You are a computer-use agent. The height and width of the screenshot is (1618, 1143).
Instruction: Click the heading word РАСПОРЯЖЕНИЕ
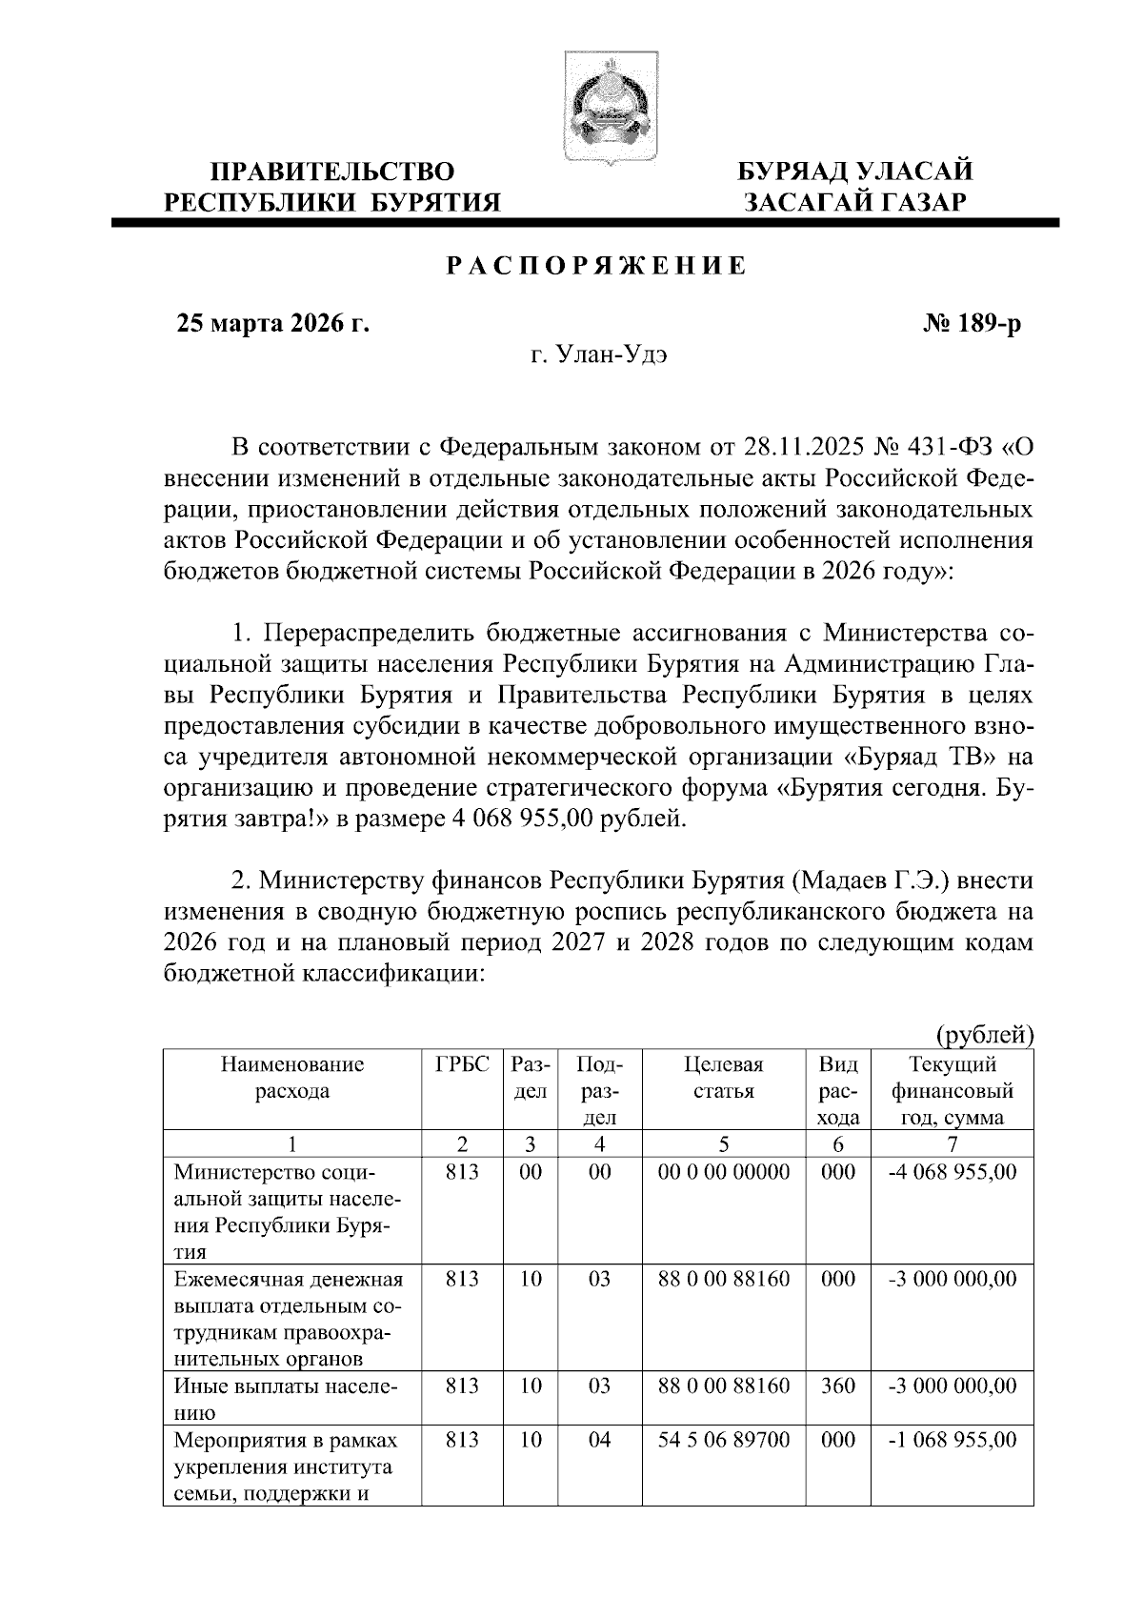[x=597, y=266]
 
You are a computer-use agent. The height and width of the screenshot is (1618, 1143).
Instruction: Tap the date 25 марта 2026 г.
[x=273, y=324]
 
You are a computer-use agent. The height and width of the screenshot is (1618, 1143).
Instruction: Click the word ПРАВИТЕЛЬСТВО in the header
[x=332, y=172]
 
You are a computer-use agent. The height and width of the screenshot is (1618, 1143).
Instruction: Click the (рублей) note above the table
[x=985, y=1034]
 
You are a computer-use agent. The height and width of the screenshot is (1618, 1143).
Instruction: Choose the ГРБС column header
[x=462, y=1064]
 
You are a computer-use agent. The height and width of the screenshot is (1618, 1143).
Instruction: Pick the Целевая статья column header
[x=724, y=1078]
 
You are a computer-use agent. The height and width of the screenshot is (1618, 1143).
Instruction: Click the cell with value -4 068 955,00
[x=952, y=1172]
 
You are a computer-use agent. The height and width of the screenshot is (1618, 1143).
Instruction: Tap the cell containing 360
[x=838, y=1385]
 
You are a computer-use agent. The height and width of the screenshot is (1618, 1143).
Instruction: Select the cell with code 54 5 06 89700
[x=724, y=1440]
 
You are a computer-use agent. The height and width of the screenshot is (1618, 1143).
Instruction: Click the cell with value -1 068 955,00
[x=952, y=1440]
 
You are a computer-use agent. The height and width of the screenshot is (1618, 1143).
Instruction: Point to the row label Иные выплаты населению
[x=286, y=1398]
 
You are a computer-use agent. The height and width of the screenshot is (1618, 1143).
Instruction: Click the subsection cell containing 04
[x=598, y=1440]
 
